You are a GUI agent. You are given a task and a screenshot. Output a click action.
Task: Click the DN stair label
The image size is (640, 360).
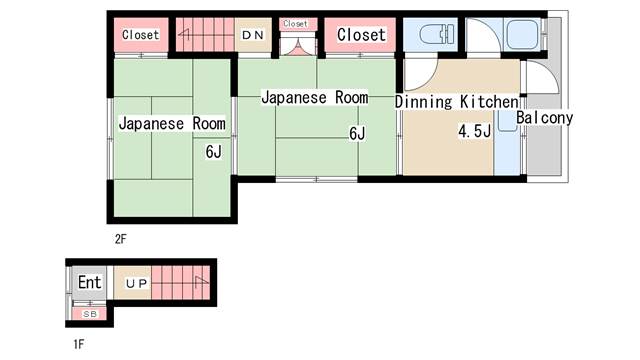(x=253, y=35)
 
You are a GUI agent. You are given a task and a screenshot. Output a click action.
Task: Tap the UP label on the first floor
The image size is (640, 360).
(x=136, y=284)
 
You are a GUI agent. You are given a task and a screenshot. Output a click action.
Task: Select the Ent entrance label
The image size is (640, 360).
(x=90, y=283)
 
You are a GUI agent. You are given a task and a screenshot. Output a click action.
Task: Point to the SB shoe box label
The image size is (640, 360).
(x=90, y=313)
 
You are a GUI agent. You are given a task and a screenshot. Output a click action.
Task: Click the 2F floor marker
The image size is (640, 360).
(x=120, y=239)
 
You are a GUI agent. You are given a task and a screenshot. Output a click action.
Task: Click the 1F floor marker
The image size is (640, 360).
(x=79, y=343)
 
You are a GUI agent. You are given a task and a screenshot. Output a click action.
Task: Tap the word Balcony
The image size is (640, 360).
(x=545, y=118)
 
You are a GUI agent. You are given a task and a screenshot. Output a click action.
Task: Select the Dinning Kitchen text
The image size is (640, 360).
(x=456, y=102)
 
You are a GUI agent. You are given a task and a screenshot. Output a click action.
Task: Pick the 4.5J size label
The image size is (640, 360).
(x=473, y=132)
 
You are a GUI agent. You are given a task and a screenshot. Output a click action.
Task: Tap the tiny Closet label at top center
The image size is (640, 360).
(x=295, y=23)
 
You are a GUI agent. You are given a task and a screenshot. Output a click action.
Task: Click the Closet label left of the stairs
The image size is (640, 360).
(x=140, y=35)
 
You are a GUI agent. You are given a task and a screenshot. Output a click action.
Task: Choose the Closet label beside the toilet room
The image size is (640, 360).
(x=360, y=35)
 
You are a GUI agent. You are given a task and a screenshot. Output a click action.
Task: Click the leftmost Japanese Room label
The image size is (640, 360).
(x=172, y=124)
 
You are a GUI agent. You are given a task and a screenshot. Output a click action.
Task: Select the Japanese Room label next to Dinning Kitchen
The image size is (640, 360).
(x=314, y=98)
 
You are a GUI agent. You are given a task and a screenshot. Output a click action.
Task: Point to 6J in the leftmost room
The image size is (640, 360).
(x=213, y=152)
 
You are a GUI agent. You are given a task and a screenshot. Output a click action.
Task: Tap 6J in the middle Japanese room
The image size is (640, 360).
(x=356, y=133)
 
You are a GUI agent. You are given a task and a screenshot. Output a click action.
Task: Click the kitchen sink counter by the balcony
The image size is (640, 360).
(x=507, y=140)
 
